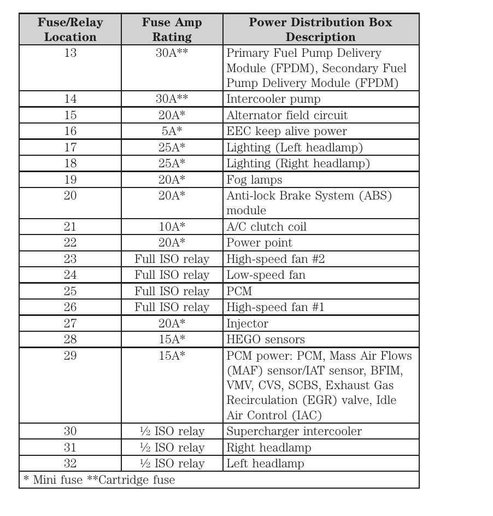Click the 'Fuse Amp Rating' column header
pyautogui.click(x=172, y=30)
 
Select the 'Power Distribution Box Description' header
pyautogui.click(x=320, y=30)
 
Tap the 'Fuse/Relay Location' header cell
pyautogui.click(x=70, y=30)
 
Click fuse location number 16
pyautogui.click(x=70, y=131)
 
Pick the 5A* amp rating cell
pyautogui.click(x=172, y=131)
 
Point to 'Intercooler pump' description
pyautogui.click(x=273, y=99)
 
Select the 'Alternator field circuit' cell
pyautogui.click(x=287, y=115)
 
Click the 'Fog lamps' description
pyautogui.click(x=254, y=180)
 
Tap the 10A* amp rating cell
pyautogui.click(x=172, y=227)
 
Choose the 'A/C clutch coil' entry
pyautogui.click(x=266, y=227)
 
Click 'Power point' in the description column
pyautogui.click(x=259, y=243)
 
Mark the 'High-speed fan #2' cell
pyautogui.click(x=275, y=259)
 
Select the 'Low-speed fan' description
pyautogui.click(x=266, y=275)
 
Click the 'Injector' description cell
pyautogui.click(x=247, y=324)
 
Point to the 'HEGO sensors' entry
pyautogui.click(x=266, y=339)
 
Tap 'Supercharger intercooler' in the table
pyautogui.click(x=294, y=432)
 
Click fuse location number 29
pyautogui.click(x=70, y=356)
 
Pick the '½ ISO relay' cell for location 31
pyautogui.click(x=172, y=448)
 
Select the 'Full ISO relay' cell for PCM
pyautogui.click(x=172, y=291)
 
